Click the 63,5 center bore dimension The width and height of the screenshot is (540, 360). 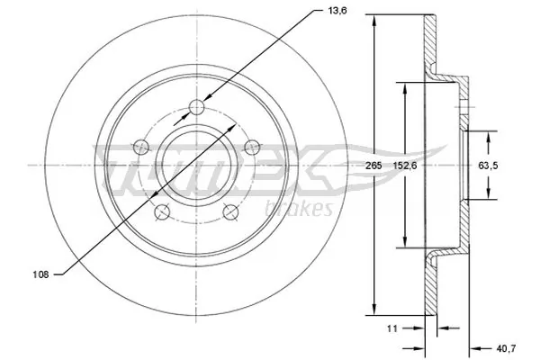pyautogui.click(x=486, y=165)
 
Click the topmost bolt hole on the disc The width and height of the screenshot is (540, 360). pyautogui.click(x=198, y=109)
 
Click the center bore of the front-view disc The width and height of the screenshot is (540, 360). pyautogui.click(x=197, y=166)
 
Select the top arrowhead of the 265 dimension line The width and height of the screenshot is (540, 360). pyautogui.click(x=372, y=22)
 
